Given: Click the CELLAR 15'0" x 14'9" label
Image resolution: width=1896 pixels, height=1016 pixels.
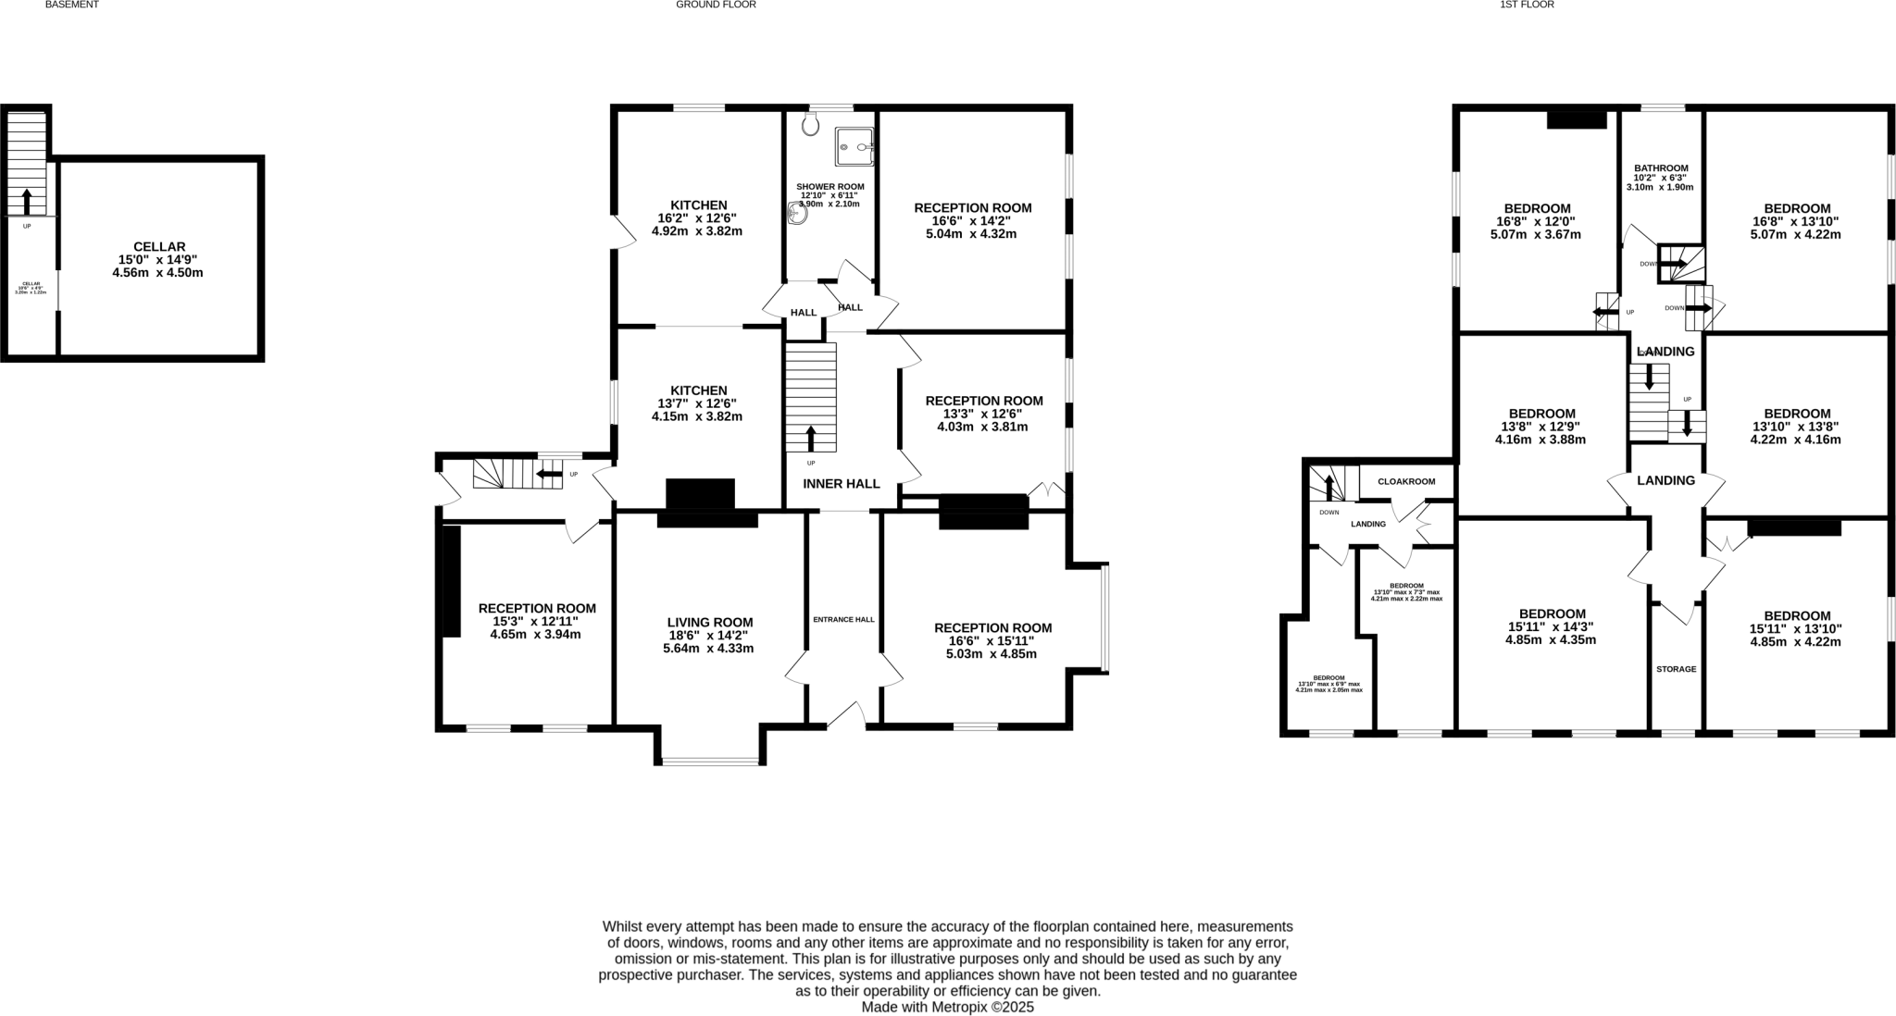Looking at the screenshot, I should point(159,259).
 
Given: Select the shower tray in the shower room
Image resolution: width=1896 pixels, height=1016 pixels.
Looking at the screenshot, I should point(854,146).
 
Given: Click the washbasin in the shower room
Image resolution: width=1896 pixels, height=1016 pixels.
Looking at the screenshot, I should point(797,215).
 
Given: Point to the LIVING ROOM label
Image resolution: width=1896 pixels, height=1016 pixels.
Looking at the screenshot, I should point(710,635).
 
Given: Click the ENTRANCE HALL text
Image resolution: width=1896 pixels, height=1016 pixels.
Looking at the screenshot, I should point(843,620).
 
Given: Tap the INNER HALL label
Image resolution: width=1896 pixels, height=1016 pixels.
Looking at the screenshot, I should point(841,484).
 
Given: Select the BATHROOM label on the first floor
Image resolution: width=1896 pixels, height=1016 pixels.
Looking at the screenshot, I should point(1661,177).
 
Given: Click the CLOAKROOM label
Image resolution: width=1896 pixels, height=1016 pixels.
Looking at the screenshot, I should point(1406,481).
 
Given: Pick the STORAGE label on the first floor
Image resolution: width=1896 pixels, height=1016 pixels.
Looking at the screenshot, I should point(1677,669).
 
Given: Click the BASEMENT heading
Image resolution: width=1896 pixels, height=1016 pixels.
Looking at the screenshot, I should point(71,5).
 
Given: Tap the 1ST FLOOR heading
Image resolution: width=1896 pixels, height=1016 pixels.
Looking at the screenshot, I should point(1527,5).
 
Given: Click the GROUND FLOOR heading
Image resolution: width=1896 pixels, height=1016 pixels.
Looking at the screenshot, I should point(716,5).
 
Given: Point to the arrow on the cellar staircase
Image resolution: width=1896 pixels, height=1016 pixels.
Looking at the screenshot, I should point(26,201).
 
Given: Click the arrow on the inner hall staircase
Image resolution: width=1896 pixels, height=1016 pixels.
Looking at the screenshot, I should point(812,438).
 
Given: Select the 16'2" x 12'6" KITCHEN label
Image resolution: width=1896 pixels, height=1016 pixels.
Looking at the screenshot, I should point(699,218).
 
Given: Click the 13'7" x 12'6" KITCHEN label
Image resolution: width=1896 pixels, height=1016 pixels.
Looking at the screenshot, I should point(699,403).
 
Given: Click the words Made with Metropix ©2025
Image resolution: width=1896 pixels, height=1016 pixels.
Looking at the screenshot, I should point(947,1007).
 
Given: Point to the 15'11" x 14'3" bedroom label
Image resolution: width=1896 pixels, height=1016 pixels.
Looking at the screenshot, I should point(1552,626).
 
